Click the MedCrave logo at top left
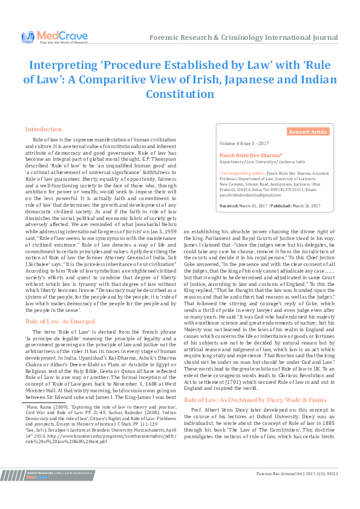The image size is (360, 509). coord(45,37)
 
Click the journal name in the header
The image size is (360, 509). coord(243,37)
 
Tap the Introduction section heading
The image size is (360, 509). coord(43,129)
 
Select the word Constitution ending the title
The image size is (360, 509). coord(180,94)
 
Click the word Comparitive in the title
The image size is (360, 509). coord(148,79)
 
